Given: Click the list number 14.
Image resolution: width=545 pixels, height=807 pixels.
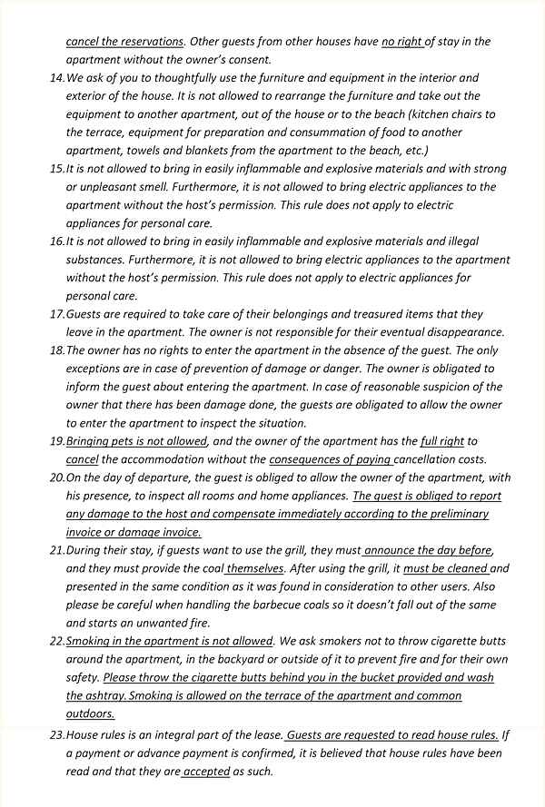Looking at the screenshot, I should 56,78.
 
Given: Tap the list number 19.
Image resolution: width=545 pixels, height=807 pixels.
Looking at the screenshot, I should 56,441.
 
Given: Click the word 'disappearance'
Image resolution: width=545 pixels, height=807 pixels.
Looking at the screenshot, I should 460,332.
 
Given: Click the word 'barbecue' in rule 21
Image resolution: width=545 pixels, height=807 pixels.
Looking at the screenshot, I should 269,605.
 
